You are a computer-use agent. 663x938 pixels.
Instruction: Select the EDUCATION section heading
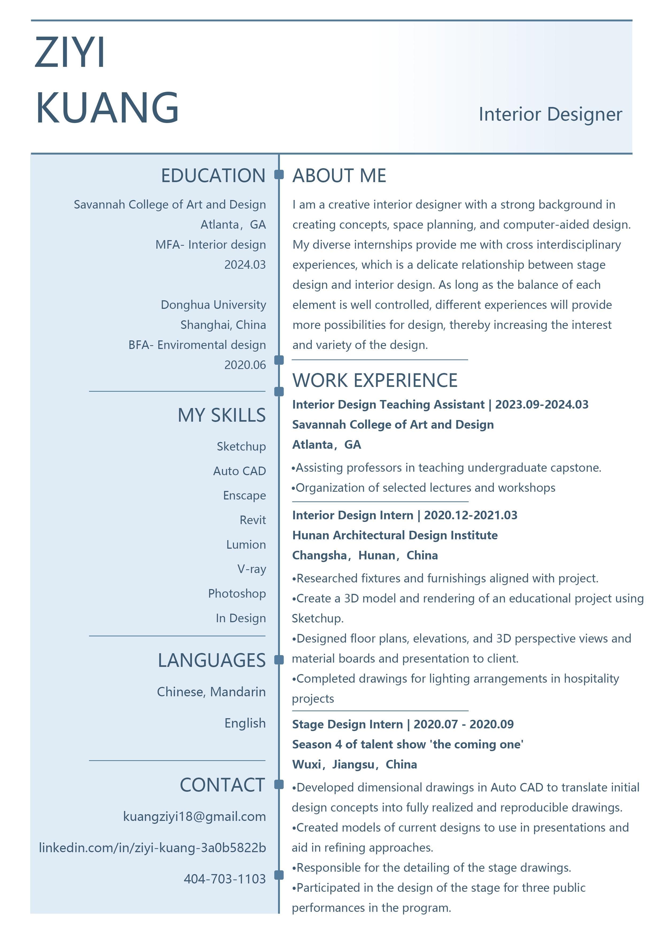coord(213,176)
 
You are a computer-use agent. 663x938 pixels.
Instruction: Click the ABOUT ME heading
coord(339,176)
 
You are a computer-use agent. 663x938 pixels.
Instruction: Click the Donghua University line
coord(213,305)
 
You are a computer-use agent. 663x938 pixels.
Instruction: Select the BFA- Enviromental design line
coord(197,345)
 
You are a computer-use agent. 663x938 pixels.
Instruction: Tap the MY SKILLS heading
coord(221,415)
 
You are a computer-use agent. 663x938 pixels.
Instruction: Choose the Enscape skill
coord(244,495)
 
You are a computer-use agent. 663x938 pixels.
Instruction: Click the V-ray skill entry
coord(252,569)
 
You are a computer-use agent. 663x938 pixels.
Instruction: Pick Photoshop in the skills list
coord(237,594)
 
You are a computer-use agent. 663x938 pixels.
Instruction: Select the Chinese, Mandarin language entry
coord(211,692)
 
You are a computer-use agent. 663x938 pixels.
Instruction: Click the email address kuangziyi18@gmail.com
coord(194,816)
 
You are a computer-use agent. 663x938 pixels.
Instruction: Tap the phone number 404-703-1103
coord(225,878)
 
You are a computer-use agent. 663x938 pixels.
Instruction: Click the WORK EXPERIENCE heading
coord(375,380)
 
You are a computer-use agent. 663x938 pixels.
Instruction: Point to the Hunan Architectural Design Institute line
coord(395,535)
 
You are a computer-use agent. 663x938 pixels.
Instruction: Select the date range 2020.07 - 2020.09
coord(464,724)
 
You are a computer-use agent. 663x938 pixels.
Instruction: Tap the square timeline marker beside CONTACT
coord(279,785)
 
